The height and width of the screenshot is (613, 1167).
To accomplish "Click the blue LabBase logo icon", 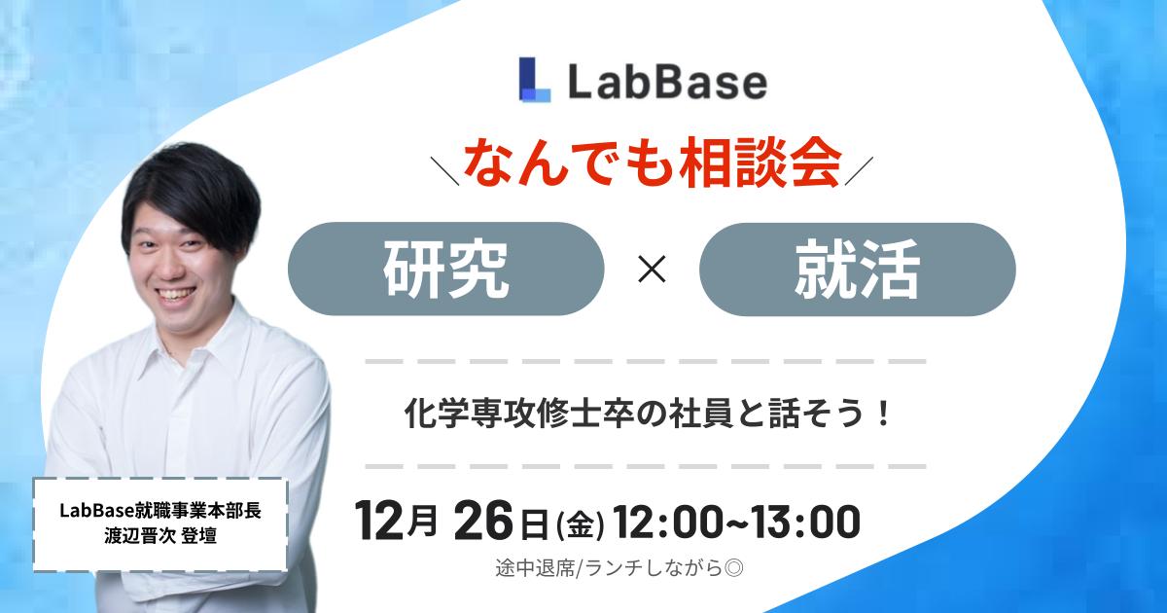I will click(x=535, y=80).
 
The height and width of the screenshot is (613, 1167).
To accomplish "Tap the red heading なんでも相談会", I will click(x=652, y=164).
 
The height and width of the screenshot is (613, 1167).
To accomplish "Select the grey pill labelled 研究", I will click(x=446, y=269).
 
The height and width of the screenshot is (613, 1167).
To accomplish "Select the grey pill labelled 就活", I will click(x=857, y=269).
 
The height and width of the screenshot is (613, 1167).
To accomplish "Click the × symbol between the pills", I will click(x=651, y=270).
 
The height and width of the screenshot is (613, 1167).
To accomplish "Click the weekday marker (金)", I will click(x=580, y=526).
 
